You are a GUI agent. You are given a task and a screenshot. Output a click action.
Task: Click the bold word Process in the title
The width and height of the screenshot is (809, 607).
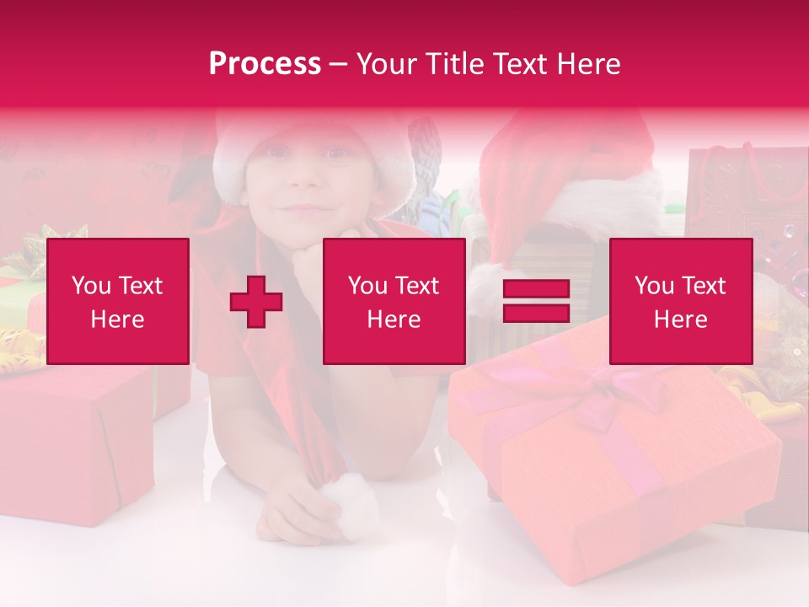tap(265, 64)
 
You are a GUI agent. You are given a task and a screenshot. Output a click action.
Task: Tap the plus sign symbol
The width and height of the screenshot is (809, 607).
tap(256, 302)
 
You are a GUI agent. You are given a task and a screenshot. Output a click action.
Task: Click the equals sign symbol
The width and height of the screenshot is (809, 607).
tap(536, 302)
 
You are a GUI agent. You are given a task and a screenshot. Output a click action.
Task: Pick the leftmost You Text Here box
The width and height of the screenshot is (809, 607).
tap(118, 302)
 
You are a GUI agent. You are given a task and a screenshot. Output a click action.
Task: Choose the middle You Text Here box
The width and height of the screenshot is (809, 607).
tap(394, 302)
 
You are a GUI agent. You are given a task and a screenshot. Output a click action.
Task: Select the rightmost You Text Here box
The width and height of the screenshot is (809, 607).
tap(681, 302)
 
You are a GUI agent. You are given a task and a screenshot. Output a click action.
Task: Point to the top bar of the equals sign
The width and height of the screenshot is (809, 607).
tap(536, 290)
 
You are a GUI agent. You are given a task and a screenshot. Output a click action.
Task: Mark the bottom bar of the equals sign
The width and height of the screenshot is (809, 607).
tap(536, 314)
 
